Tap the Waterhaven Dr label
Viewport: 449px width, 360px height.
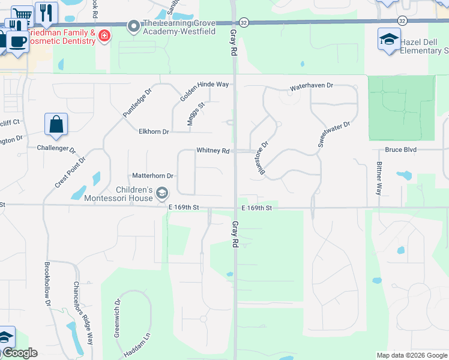point(311,86)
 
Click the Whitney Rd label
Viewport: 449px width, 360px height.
point(213,151)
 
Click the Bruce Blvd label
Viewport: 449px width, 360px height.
point(401,149)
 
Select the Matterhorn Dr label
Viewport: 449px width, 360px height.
point(152,176)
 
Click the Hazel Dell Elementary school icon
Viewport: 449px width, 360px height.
point(388,40)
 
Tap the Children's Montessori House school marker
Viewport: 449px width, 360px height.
point(161,193)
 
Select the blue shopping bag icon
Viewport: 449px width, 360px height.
point(56,125)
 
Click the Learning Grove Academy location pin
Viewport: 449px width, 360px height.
point(133,25)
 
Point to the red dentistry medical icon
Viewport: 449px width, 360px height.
point(104,36)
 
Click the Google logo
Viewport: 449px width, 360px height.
point(19,353)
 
